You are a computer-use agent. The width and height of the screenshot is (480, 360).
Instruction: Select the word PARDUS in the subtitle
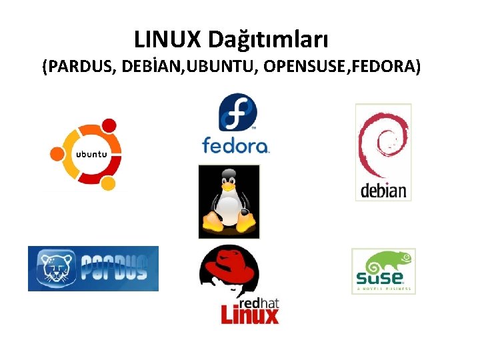click(x=81, y=67)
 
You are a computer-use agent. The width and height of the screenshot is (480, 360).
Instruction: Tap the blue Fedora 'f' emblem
click(x=238, y=112)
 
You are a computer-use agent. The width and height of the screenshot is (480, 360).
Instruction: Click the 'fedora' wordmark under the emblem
click(x=235, y=146)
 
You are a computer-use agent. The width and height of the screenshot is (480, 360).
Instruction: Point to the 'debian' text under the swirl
click(x=383, y=191)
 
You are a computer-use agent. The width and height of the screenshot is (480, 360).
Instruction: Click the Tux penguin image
click(x=229, y=201)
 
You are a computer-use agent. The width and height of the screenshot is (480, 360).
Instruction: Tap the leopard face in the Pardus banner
click(x=53, y=269)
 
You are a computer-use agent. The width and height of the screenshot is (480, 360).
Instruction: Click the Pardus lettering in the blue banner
click(x=114, y=268)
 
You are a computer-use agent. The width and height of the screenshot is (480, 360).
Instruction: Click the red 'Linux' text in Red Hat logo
click(x=249, y=314)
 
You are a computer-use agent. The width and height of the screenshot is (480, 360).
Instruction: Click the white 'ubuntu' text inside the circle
click(x=91, y=155)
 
